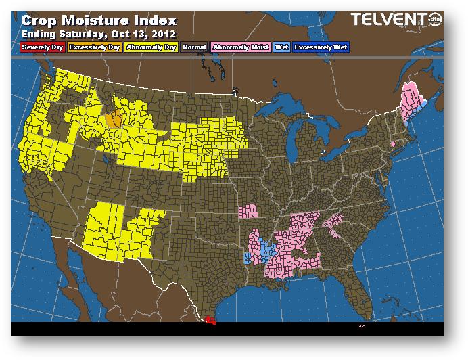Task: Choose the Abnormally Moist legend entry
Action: click(239, 47)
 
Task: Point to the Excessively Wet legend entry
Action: click(321, 47)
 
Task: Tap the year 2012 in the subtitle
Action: click(164, 33)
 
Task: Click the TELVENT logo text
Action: click(386, 20)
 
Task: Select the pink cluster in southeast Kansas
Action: click(249, 211)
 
